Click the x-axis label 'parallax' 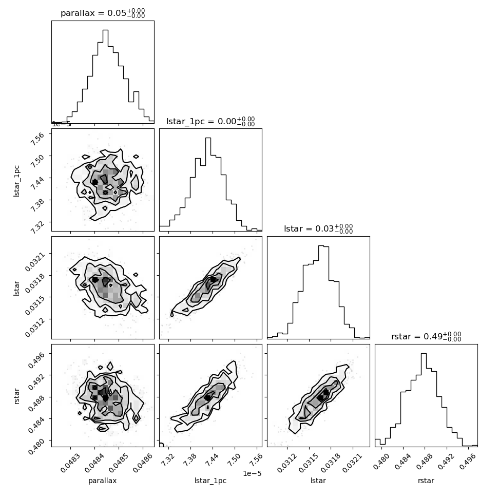pyautogui.click(x=102, y=481)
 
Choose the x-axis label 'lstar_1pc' pyautogui.click(x=210, y=481)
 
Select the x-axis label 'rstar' pyautogui.click(x=426, y=481)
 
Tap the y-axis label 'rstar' pyautogui.click(x=16, y=396)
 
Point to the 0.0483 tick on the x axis pyautogui.click(x=70, y=463)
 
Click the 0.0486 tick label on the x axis pyautogui.click(x=142, y=463)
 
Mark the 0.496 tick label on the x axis pyautogui.click(x=468, y=461)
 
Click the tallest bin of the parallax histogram pyautogui.click(x=105, y=76)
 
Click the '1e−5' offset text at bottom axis pyautogui.click(x=252, y=473)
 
